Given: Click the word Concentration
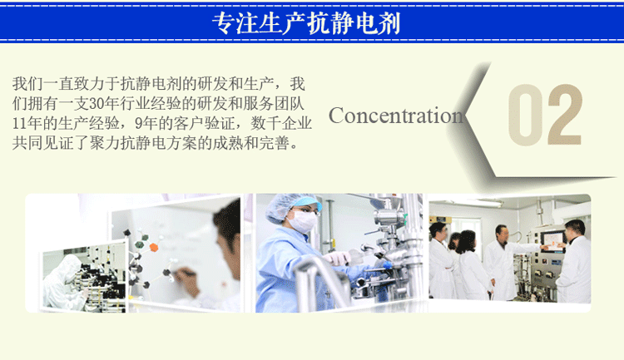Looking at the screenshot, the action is point(395,116).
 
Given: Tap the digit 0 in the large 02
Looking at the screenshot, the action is point(525,115).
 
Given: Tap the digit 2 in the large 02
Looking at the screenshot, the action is point(565,115).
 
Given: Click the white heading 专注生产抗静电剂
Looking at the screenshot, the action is point(306,22).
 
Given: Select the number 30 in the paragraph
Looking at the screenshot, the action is point(97,104).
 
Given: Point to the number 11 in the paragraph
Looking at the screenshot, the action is point(19,124).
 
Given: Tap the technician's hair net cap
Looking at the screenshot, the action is point(287,205).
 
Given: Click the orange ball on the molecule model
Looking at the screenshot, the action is point(154,247).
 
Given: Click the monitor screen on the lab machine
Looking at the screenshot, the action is point(552,240).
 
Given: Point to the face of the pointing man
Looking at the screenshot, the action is point(503,235).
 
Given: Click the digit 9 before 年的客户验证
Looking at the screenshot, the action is point(138,124).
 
